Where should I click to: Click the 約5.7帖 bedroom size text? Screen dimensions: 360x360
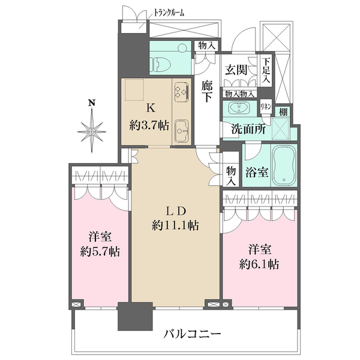click(x=100, y=251)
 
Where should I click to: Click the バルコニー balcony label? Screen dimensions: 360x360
click(x=193, y=334)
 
